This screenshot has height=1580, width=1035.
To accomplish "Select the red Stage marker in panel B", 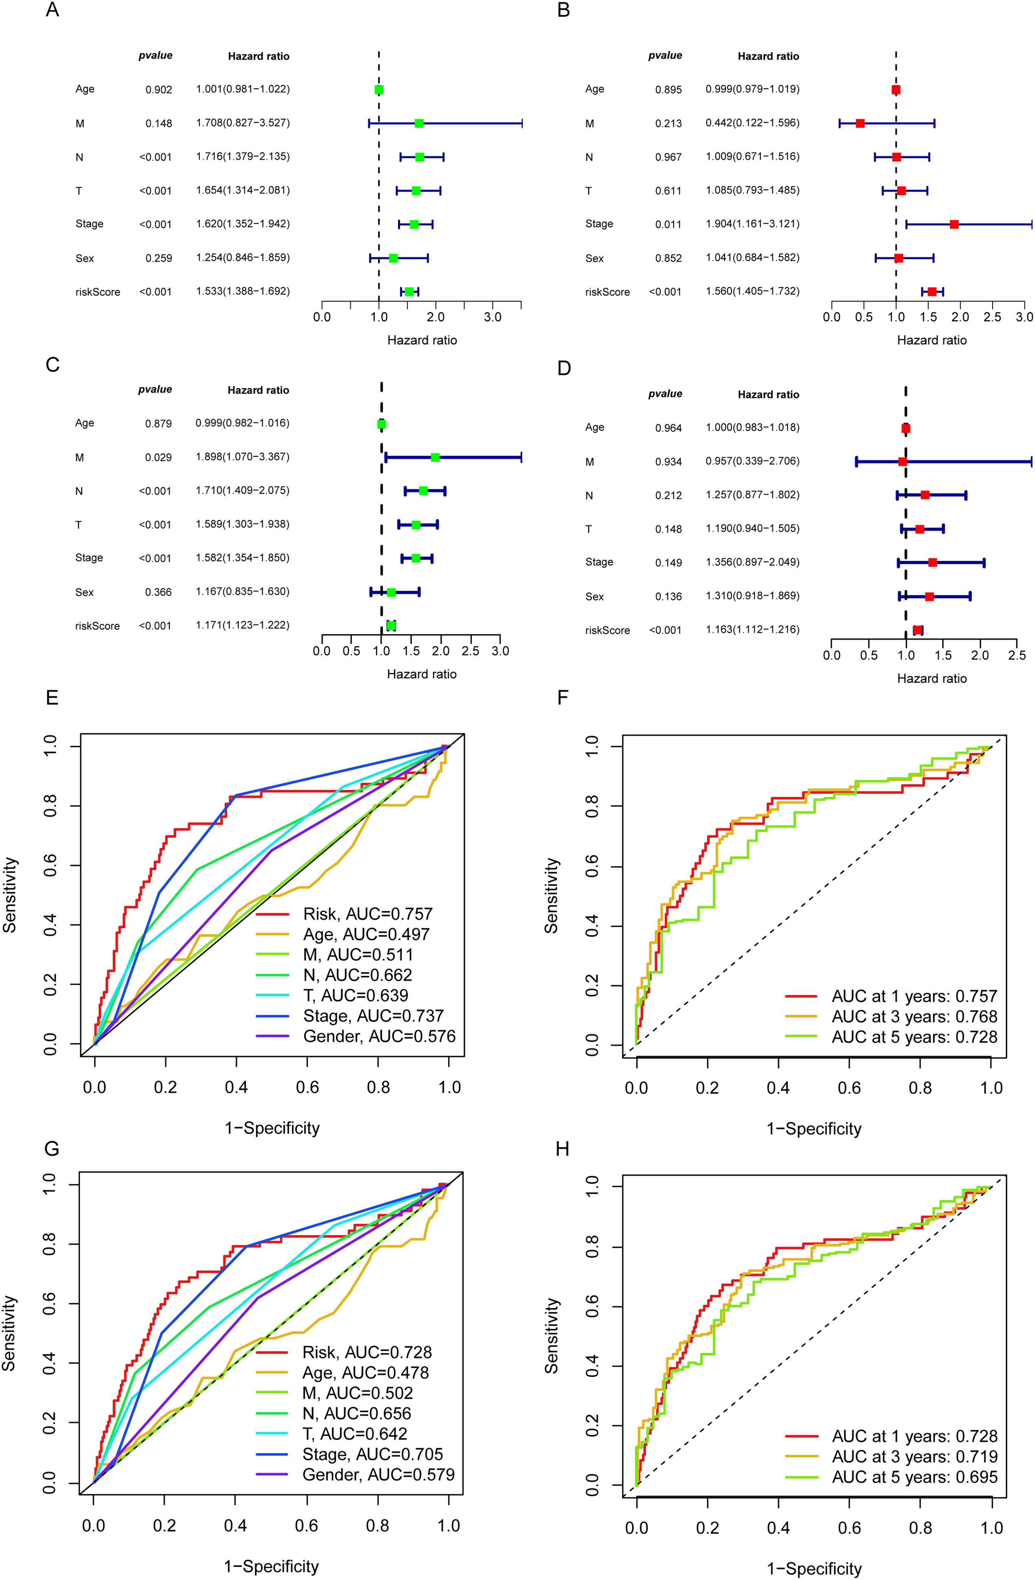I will click(x=954, y=224).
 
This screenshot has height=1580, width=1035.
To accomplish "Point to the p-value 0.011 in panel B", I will click(x=668, y=224).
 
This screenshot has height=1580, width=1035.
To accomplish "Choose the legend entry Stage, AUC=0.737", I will click(x=373, y=1016).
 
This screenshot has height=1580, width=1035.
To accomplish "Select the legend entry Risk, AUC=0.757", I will click(x=367, y=914).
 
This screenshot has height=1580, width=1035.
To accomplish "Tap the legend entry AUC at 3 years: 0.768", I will click(x=914, y=1017).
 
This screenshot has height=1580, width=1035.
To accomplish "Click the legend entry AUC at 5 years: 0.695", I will click(x=914, y=1477).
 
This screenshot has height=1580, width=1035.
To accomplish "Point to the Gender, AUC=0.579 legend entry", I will click(x=378, y=1475).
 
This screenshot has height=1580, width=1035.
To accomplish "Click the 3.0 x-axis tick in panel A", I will click(x=492, y=317).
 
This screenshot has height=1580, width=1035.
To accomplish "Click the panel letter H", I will click(x=563, y=1149).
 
